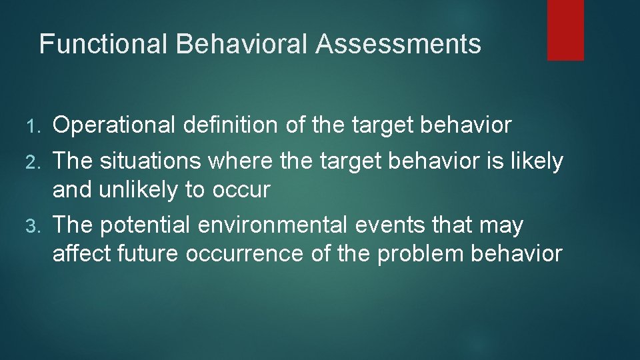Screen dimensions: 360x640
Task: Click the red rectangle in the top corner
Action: click(565, 30)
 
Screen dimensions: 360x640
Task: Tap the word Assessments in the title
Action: click(398, 44)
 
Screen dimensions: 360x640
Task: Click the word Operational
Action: click(114, 125)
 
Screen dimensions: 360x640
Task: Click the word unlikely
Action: click(139, 190)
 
